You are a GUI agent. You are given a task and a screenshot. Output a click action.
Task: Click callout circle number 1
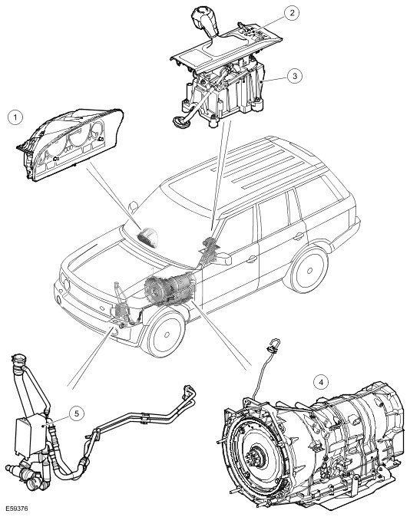15,117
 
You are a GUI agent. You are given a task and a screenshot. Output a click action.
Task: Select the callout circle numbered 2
292,13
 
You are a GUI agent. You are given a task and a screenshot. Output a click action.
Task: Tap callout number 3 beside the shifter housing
295,76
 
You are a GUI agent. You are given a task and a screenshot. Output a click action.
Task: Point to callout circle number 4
321,382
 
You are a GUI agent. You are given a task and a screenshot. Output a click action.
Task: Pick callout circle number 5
77,413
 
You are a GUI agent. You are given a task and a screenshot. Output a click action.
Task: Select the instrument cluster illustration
69,144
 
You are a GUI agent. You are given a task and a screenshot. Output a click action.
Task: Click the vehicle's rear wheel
309,270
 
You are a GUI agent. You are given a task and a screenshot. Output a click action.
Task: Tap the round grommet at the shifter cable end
180,122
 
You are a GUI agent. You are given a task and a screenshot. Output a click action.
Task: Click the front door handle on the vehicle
252,259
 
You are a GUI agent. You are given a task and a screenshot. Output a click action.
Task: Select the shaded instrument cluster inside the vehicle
148,237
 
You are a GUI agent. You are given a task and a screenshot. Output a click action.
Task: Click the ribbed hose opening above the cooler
19,360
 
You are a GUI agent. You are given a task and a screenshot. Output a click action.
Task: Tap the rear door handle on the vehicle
299,236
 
